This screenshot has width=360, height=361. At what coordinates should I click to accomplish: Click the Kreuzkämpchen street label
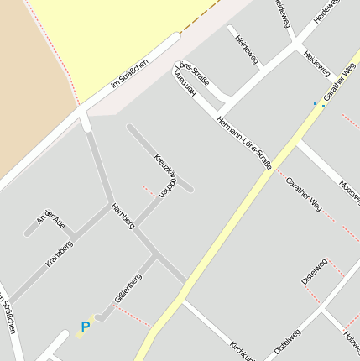coord(167,175)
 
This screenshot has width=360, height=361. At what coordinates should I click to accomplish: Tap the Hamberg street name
coord(123,216)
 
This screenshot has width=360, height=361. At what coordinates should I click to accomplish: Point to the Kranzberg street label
coord(59,254)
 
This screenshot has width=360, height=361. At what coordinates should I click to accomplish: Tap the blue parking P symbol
coord(85,327)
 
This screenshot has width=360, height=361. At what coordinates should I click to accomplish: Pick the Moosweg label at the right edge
coord(350,192)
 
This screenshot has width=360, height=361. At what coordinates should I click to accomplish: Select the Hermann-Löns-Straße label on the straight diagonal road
coord(243,143)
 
